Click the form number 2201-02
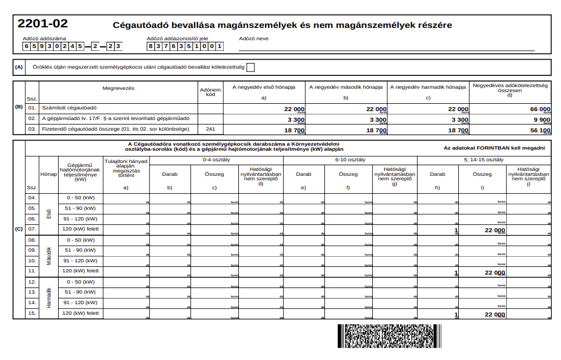[43, 24]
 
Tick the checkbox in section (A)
[251, 68]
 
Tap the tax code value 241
[210, 129]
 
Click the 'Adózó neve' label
[253, 39]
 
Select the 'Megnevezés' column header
[118, 88]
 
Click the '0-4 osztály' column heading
[217, 160]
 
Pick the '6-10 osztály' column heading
[350, 160]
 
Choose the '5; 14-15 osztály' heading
[484, 160]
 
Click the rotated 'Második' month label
[49, 256]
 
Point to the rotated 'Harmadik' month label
[49, 298]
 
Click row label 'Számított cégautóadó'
[70, 108]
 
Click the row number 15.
[32, 313]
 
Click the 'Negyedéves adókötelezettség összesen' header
[510, 88]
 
